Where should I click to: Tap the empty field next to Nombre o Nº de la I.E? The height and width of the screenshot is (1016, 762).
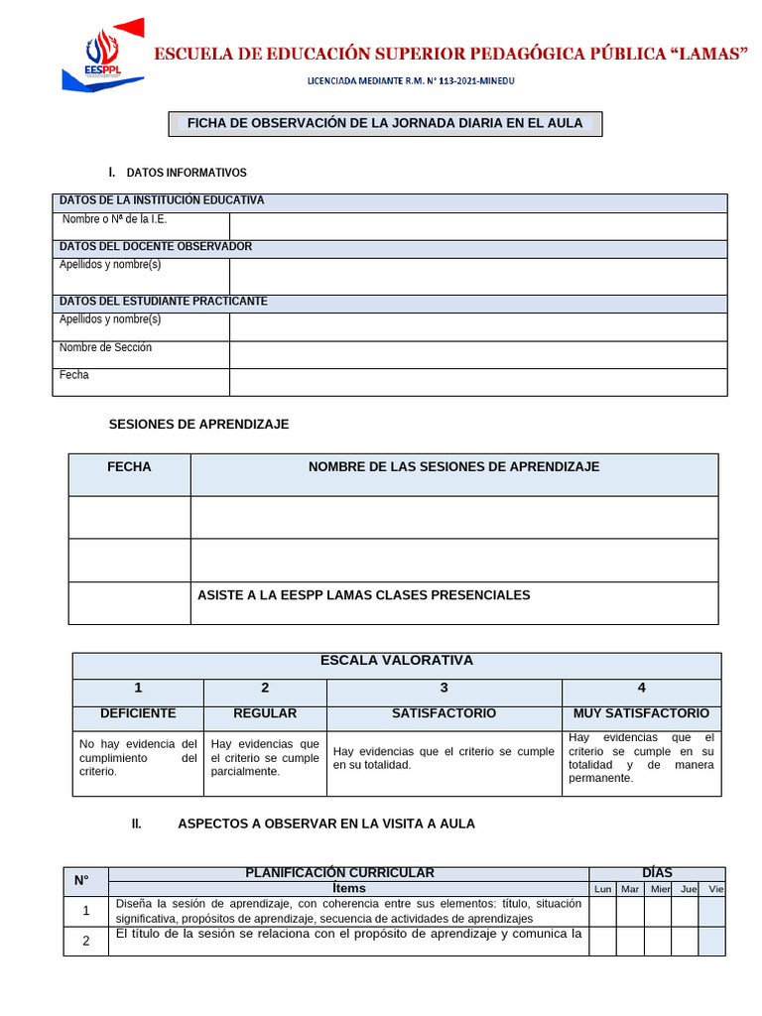click(x=477, y=225)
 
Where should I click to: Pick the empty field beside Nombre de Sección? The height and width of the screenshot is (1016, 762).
click(x=477, y=354)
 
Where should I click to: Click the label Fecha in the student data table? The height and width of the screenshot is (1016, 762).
click(x=74, y=375)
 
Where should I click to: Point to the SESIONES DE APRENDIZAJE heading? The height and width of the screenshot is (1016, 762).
click(x=198, y=424)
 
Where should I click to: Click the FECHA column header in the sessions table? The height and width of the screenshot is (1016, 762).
click(x=129, y=467)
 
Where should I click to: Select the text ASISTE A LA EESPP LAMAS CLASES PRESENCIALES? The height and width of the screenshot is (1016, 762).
click(x=363, y=595)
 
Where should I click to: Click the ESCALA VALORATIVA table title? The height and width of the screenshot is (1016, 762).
click(x=396, y=661)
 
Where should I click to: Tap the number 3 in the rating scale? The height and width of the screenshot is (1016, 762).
click(x=444, y=688)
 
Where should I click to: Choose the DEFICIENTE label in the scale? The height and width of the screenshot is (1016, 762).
click(x=138, y=713)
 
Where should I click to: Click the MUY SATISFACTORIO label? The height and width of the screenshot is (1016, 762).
click(x=641, y=713)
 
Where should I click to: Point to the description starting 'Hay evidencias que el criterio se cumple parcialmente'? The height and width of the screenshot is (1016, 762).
click(x=265, y=757)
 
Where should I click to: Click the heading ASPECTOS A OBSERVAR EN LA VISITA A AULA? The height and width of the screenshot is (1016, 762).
click(x=325, y=824)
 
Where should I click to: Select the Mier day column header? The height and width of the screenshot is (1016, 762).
click(x=660, y=889)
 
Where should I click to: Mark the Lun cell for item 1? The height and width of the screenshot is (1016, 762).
click(x=602, y=911)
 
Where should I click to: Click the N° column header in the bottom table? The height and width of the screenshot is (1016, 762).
click(x=81, y=880)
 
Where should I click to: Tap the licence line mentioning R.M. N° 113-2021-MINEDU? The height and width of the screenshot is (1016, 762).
click(x=411, y=81)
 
